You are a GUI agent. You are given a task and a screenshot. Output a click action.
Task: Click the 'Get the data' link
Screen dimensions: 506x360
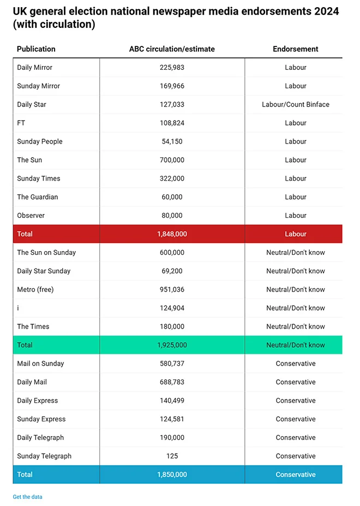(27, 497)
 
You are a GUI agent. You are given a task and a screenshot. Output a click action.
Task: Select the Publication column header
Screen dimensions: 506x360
(36, 49)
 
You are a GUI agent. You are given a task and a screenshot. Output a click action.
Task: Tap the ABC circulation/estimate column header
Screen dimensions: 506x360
(172, 49)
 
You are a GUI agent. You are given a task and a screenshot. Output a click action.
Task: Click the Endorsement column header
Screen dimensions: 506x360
(295, 49)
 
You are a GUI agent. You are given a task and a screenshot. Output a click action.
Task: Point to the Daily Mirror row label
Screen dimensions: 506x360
(34, 67)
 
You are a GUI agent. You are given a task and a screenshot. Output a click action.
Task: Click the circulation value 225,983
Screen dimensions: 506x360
(172, 67)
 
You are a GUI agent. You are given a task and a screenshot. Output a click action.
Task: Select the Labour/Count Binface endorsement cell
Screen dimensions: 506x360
(295, 104)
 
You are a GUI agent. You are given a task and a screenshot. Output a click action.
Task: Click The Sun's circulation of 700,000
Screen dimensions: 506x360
(172, 160)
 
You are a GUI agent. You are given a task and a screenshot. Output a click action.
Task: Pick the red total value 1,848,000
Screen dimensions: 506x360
(172, 234)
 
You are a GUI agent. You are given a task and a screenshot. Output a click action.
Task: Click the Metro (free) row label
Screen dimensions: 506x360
(35, 289)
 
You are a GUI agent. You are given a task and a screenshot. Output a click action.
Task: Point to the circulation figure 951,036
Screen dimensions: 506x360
(172, 289)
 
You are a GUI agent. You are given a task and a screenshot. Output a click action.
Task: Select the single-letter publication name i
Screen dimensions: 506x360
(18, 308)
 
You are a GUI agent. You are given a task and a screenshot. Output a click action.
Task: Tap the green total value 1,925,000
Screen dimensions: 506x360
(172, 345)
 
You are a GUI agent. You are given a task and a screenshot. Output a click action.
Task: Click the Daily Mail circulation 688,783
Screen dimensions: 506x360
(172, 382)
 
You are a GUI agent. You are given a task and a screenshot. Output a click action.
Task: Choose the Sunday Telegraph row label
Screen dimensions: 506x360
(44, 456)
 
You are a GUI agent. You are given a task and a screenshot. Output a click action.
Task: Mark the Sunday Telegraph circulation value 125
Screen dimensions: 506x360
(172, 456)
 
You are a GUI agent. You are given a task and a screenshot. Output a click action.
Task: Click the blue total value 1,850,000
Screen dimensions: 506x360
(172, 474)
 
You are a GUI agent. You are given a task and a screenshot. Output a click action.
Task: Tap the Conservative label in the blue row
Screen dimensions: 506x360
(295, 474)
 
